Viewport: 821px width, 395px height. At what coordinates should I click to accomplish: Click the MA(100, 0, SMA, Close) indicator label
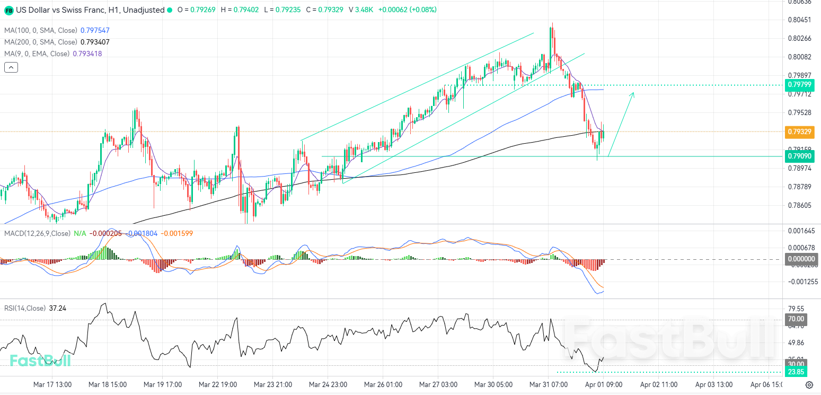tap(41, 31)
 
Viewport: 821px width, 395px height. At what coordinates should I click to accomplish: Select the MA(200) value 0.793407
tap(95, 42)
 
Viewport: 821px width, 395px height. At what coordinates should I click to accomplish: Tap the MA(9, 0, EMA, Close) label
tap(37, 54)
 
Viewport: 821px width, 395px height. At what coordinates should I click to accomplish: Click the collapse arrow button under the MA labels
tap(11, 67)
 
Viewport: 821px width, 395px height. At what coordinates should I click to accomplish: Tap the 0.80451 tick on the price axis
tap(799, 20)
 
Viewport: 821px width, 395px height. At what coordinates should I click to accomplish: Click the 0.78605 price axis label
tap(799, 205)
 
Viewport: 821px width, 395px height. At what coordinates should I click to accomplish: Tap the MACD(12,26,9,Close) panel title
tap(37, 233)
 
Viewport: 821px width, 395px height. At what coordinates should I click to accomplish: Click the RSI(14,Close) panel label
tap(25, 308)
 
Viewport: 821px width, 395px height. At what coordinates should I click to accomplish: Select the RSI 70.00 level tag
tap(796, 319)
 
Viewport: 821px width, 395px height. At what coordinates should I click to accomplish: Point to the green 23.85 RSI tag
tap(796, 372)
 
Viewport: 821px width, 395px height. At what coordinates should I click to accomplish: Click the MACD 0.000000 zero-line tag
tap(799, 259)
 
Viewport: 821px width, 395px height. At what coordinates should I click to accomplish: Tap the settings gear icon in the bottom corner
tap(809, 385)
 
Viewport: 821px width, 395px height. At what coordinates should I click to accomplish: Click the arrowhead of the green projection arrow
tap(632, 94)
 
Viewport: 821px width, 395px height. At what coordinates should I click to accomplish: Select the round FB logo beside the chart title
tap(9, 10)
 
